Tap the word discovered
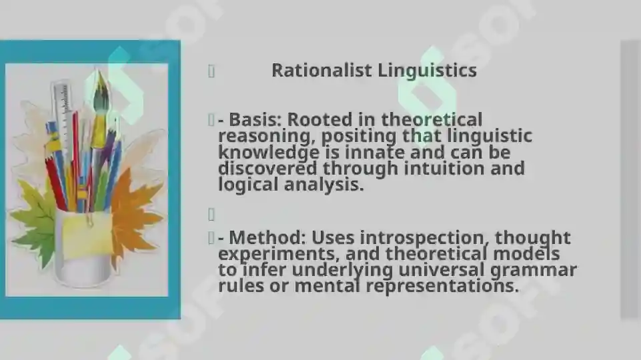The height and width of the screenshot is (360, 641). tap(267, 168)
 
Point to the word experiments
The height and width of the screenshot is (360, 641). tap(279, 254)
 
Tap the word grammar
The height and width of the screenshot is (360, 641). tap(533, 271)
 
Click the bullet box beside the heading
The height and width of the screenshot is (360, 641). tap(211, 71)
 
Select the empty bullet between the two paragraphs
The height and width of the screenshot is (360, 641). tap(211, 214)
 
